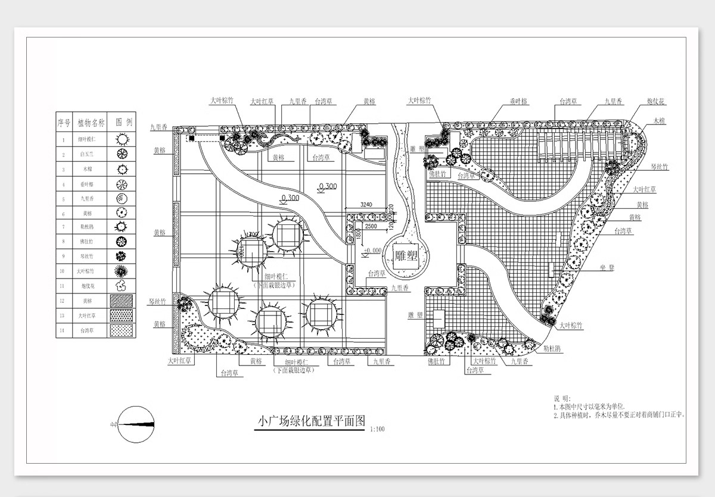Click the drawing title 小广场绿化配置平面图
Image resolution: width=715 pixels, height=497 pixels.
point(310,421)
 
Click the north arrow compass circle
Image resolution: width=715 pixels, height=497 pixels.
point(136,424)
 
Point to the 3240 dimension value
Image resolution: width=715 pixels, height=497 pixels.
point(366,205)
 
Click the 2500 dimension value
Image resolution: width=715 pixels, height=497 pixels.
point(371,227)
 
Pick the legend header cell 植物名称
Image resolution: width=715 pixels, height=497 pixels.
point(91,123)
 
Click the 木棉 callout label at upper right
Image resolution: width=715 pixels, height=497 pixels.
point(658,121)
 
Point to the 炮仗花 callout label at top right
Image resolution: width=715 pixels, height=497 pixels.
point(655,102)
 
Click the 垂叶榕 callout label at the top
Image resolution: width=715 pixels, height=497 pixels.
point(519,102)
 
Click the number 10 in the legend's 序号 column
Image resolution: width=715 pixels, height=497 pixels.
point(64,271)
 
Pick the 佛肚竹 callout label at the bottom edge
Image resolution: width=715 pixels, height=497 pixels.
point(437,361)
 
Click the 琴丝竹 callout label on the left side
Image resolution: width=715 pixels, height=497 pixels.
point(158,302)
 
